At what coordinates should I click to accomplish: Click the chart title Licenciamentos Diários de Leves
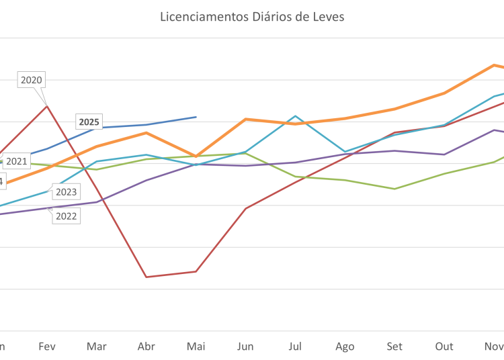click(x=252, y=16)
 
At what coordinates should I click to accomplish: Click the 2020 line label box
click(x=32, y=80)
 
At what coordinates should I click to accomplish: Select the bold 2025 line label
click(x=89, y=122)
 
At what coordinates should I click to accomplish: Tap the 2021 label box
click(x=17, y=161)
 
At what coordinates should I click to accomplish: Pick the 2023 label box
click(x=66, y=192)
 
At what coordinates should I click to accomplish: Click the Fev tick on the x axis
click(x=47, y=347)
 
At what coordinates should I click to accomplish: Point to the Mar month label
click(x=97, y=347)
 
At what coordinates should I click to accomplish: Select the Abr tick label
click(x=146, y=347)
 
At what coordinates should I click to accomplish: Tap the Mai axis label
click(x=196, y=347)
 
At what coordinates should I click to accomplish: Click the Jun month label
click(x=245, y=347)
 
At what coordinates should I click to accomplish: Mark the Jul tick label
click(x=294, y=347)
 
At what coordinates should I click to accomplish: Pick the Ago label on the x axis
click(x=345, y=347)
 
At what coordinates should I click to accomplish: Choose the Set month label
click(x=394, y=347)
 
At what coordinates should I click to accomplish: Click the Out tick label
click(x=444, y=347)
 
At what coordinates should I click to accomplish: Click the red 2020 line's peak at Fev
click(x=47, y=105)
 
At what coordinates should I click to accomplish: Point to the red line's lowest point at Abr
click(x=146, y=276)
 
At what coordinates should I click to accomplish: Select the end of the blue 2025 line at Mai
click(x=196, y=116)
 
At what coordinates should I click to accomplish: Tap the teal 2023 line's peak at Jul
click(x=295, y=116)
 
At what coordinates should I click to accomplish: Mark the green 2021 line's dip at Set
click(x=395, y=189)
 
